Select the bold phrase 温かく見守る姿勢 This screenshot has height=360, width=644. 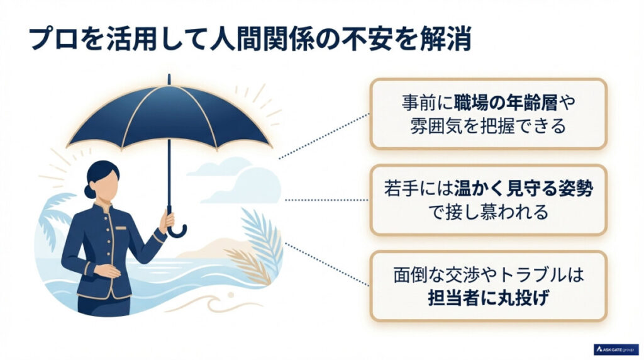[x=522, y=188]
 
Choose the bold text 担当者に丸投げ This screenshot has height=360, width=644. [x=488, y=298]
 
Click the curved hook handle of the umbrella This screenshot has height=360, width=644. [x=177, y=230]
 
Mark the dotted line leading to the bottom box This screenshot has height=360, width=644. [x=327, y=261]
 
